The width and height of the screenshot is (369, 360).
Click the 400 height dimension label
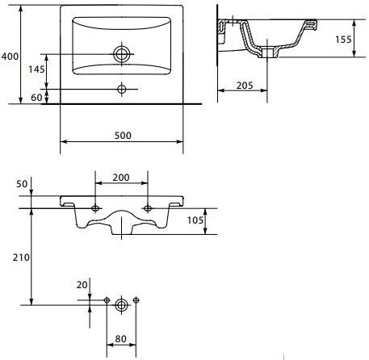(10, 57)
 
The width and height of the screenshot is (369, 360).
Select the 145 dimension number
(36, 69)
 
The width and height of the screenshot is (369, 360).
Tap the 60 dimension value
(36, 98)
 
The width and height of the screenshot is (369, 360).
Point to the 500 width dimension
(123, 136)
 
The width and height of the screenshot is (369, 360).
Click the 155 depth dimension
(343, 40)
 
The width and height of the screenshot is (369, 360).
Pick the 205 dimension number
(245, 86)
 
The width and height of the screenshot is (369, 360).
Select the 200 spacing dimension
(121, 178)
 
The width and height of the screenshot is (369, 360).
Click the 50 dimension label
(22, 184)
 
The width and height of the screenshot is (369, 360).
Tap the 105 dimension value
(195, 220)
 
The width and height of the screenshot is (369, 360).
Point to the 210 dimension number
(21, 257)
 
